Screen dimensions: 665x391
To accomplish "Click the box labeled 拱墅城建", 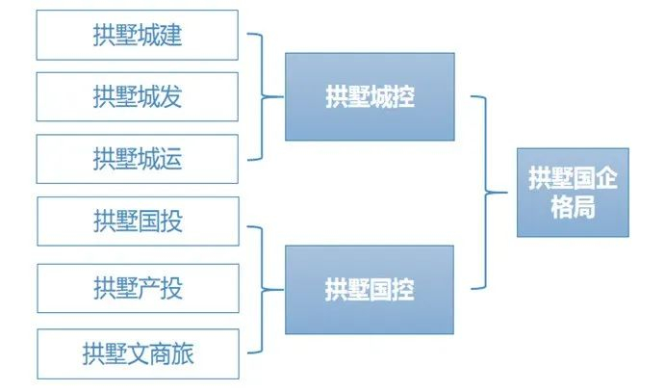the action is point(137,35).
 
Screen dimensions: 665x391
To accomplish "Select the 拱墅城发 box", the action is point(137,97).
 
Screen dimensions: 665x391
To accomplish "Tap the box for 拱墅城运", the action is point(137,159).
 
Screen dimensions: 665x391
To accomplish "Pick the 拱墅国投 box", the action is point(138,222).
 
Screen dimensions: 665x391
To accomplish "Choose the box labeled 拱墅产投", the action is point(138,288).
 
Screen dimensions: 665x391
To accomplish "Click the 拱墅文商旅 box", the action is point(138,354).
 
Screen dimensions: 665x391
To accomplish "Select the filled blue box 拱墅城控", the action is point(370,97).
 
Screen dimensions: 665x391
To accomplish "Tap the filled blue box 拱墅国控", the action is point(370,290).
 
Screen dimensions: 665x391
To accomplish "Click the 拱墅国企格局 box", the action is point(573,193).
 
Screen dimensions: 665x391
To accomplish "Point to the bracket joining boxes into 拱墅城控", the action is point(263,97).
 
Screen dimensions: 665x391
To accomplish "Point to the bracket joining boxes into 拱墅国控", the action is point(263,290).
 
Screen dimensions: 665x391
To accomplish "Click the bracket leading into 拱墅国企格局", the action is point(486,193).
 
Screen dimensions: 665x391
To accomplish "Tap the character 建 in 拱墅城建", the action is point(171,35).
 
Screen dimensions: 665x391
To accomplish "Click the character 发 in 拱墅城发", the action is point(171,97).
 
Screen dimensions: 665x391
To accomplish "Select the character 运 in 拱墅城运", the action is point(171,159).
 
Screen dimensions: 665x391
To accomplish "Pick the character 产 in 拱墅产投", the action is point(149,288).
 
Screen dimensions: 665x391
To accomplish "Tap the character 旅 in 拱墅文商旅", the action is point(182,354).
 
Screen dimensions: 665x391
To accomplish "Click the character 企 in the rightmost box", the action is point(606,178).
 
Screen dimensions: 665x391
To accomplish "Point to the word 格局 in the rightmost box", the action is point(573,207).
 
